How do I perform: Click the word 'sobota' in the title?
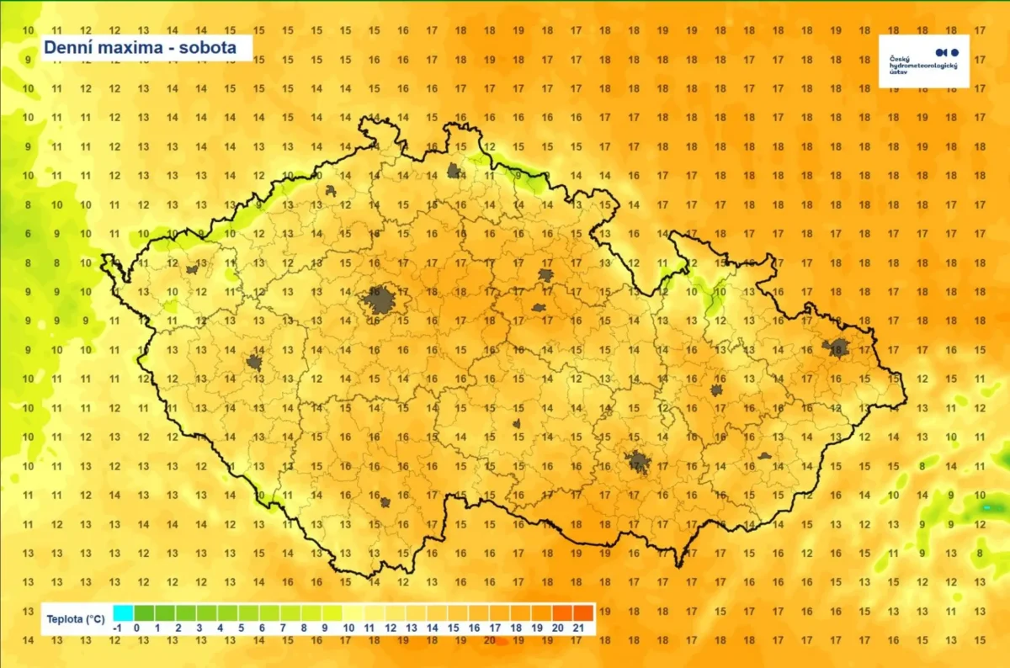pyautogui.click(x=207, y=47)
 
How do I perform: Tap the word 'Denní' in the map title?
pyautogui.click(x=66, y=47)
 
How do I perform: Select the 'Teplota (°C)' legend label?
pyautogui.click(x=76, y=620)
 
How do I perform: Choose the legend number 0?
pyautogui.click(x=144, y=628)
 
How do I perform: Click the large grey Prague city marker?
pyautogui.click(x=380, y=300)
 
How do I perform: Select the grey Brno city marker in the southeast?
pyautogui.click(x=638, y=460)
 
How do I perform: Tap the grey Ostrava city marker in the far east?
pyautogui.click(x=837, y=347)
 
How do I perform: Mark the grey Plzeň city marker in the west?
pyautogui.click(x=254, y=363)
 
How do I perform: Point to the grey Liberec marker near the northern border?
pyautogui.click(x=454, y=171)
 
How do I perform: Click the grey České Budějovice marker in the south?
pyautogui.click(x=385, y=502)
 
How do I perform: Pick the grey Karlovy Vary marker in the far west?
pyautogui.click(x=193, y=269)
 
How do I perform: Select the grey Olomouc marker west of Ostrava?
pyautogui.click(x=716, y=390)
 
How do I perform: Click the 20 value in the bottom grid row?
pyautogui.click(x=489, y=640)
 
